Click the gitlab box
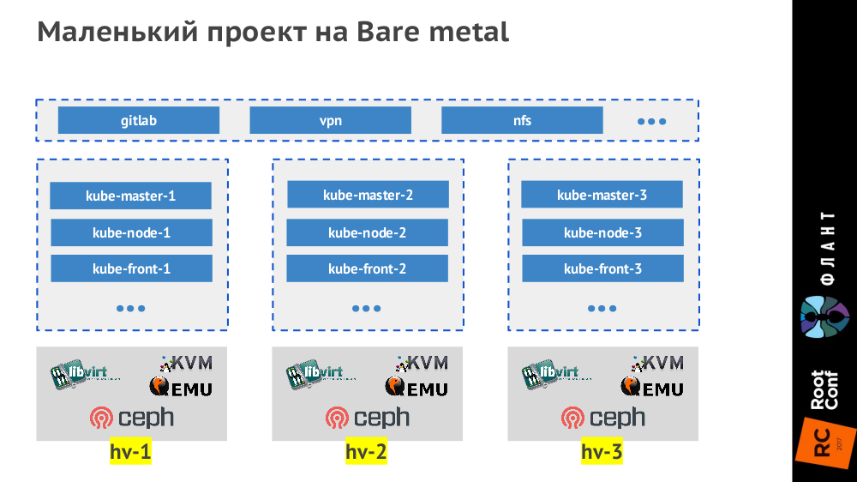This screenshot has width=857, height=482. coord(138,121)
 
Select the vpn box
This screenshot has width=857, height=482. coord(330,121)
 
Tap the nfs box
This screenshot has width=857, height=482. coord(522,121)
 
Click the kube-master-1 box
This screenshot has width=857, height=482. coord(130,196)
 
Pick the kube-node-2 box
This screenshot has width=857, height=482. coord(367,232)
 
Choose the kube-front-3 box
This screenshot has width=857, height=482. coord(602,268)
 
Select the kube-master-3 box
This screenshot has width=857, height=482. coord(602,195)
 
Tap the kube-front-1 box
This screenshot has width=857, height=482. coord(131,268)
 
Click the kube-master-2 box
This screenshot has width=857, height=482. coord(368,195)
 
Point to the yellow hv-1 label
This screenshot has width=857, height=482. coord(130,451)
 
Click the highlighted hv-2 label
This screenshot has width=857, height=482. coord(366,451)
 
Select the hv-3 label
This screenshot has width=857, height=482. coord(602,451)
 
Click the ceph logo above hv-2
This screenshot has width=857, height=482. coord(367,418)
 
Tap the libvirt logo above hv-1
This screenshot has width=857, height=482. coord(85,374)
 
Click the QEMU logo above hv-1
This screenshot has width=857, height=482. coord(181,388)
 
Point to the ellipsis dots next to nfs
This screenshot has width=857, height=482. coord(651,122)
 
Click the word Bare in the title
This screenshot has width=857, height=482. coord(380,32)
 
